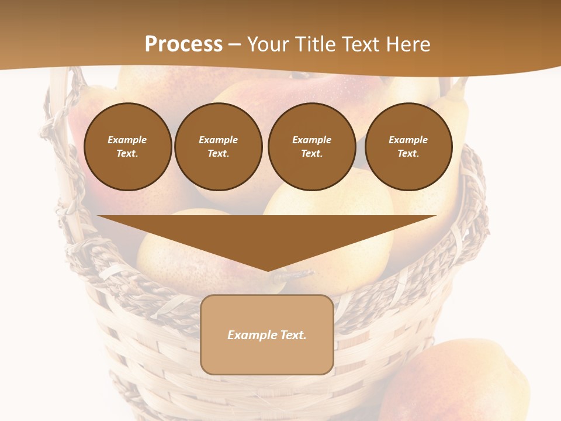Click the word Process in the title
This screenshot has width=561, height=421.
183,44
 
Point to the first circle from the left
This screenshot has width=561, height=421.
127,147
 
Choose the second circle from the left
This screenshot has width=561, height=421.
218,147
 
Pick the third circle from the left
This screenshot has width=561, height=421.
311,147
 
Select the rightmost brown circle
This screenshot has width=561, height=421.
408,147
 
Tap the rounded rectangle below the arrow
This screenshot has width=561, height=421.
267,334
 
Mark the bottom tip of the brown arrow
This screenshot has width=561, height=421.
267,270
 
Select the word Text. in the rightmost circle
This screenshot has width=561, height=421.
408,154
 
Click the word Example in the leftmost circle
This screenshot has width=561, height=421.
127,140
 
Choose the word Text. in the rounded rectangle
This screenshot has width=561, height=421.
293,335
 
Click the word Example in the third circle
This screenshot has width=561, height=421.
311,140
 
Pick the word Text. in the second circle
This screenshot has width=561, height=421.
218,154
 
